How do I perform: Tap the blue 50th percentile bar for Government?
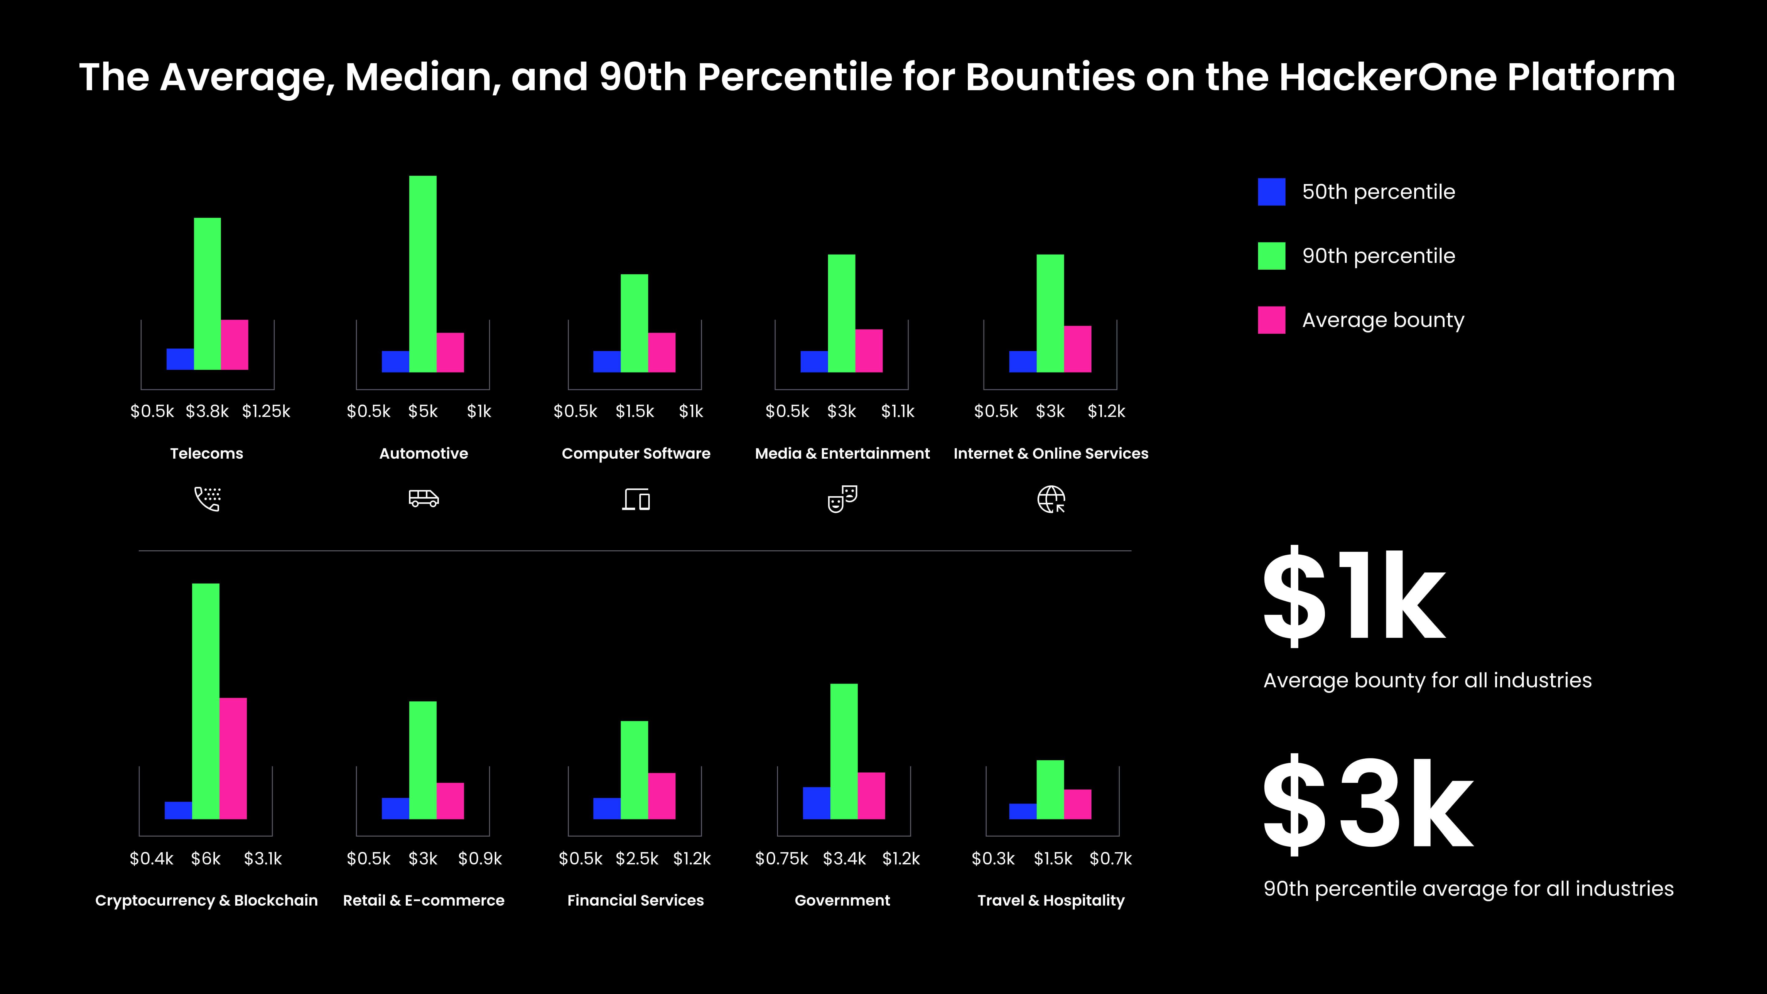(x=816, y=803)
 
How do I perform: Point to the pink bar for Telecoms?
(x=235, y=344)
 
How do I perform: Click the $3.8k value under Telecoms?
(x=207, y=412)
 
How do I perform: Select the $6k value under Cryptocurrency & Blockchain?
(x=206, y=859)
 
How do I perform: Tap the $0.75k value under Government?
(x=781, y=859)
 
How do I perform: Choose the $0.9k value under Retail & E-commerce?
(x=480, y=859)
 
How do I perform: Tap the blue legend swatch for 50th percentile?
(x=1271, y=192)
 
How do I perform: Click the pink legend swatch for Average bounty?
(x=1271, y=320)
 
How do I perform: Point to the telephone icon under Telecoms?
(x=207, y=499)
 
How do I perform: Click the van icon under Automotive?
(x=423, y=499)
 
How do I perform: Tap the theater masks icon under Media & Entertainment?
(x=842, y=499)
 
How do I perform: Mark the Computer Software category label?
(x=636, y=453)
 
